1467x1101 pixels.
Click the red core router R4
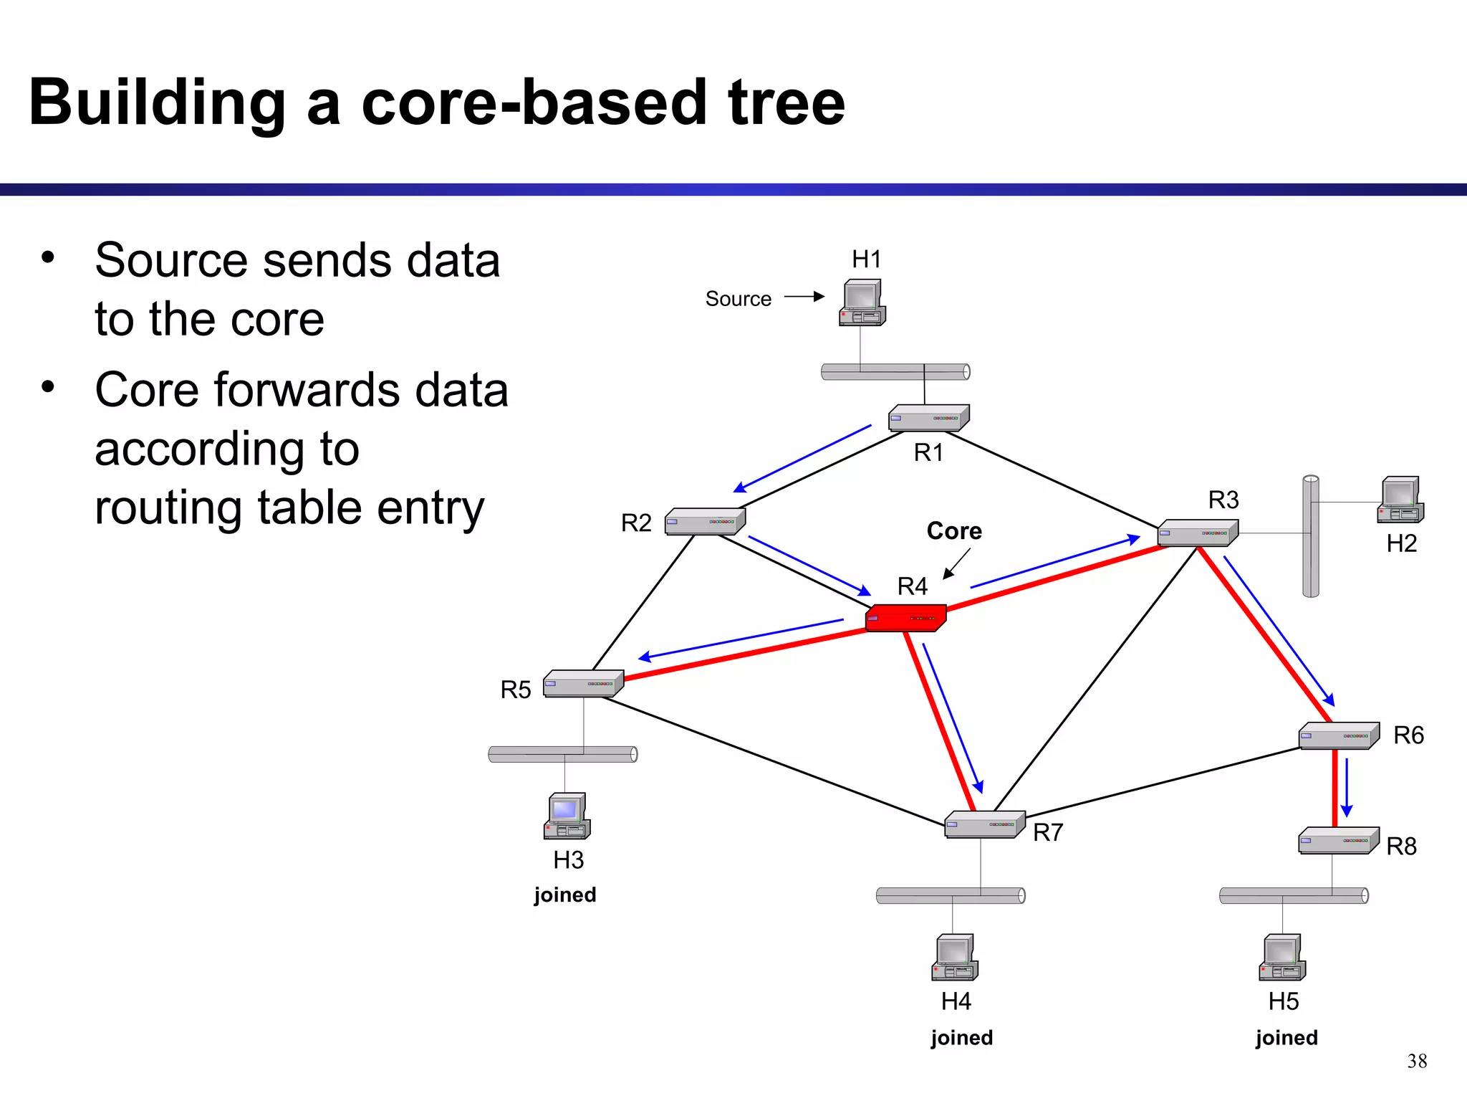pos(905,618)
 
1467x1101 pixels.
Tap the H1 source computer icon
pos(862,302)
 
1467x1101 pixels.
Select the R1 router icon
pos(928,418)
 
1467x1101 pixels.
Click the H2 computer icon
pos(1400,500)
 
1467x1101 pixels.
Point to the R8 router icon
pos(1338,840)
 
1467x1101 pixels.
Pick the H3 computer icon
pos(567,816)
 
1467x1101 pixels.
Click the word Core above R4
pos(954,531)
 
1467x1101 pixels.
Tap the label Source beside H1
pos(738,299)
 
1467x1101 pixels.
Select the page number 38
pos(1416,1061)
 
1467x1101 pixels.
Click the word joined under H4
pos(961,1038)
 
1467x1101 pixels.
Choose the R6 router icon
pos(1339,735)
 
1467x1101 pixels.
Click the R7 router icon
pos(984,824)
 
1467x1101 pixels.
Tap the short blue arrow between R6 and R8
pos(1347,787)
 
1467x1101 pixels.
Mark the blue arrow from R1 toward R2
pos(802,459)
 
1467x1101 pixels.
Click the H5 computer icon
pos(1282,958)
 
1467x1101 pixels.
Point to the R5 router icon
pos(583,683)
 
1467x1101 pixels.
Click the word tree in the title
pos(786,103)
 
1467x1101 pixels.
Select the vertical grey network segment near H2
pos(1310,536)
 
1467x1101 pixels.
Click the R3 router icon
pos(1198,533)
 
